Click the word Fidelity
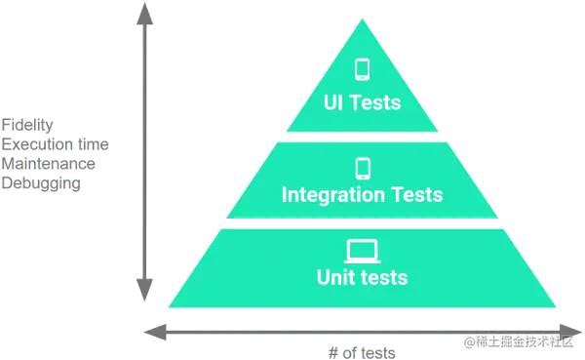tap(27, 124)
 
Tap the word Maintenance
tap(48, 163)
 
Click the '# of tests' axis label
tap(364, 350)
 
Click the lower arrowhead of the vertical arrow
tap(144, 291)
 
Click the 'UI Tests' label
tap(362, 101)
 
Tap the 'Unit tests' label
tap(362, 278)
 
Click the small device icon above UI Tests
tap(363, 70)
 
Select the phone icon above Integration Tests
tap(363, 167)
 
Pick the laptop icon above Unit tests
tap(362, 250)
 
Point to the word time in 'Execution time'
tap(94, 143)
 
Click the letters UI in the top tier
tap(333, 101)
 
